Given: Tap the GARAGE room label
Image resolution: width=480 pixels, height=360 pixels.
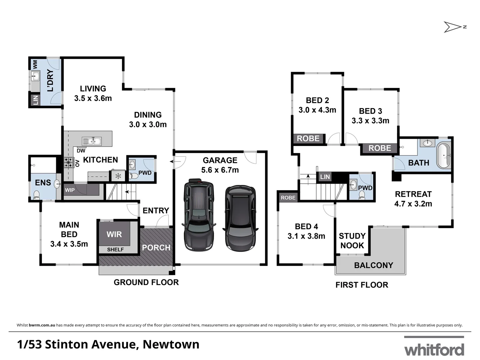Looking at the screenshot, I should pos(220,160).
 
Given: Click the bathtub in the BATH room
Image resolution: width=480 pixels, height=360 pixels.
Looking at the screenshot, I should pos(444,156).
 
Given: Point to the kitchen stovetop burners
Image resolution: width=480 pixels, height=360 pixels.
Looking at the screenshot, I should pos(69,163).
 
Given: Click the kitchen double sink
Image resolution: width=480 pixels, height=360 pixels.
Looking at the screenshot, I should pos(92,141).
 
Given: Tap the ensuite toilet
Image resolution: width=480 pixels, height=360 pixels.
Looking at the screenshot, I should pos(36,195).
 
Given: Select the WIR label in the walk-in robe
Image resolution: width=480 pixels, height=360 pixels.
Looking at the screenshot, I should pos(114,234).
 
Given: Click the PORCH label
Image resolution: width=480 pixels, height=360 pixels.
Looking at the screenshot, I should pos(156,248).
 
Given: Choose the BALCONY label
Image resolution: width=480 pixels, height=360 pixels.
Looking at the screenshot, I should pos(373,265).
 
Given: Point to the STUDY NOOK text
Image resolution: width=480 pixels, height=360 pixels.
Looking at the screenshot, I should pos(352,241).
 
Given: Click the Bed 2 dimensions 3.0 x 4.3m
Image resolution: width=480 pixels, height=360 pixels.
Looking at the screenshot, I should pos(317,110).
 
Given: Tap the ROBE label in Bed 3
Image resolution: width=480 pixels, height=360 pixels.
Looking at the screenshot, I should pos(379,148).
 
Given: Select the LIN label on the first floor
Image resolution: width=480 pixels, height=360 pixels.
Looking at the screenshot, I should pos(325,177).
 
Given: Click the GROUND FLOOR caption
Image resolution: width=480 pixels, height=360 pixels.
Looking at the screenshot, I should pos(146,282).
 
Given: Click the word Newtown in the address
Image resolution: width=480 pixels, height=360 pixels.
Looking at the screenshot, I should pos(171,344).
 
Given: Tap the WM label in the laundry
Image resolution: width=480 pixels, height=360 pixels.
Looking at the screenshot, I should pos(35,64).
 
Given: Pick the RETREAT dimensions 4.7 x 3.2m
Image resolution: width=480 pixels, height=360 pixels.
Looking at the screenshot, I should pos(413,204).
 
